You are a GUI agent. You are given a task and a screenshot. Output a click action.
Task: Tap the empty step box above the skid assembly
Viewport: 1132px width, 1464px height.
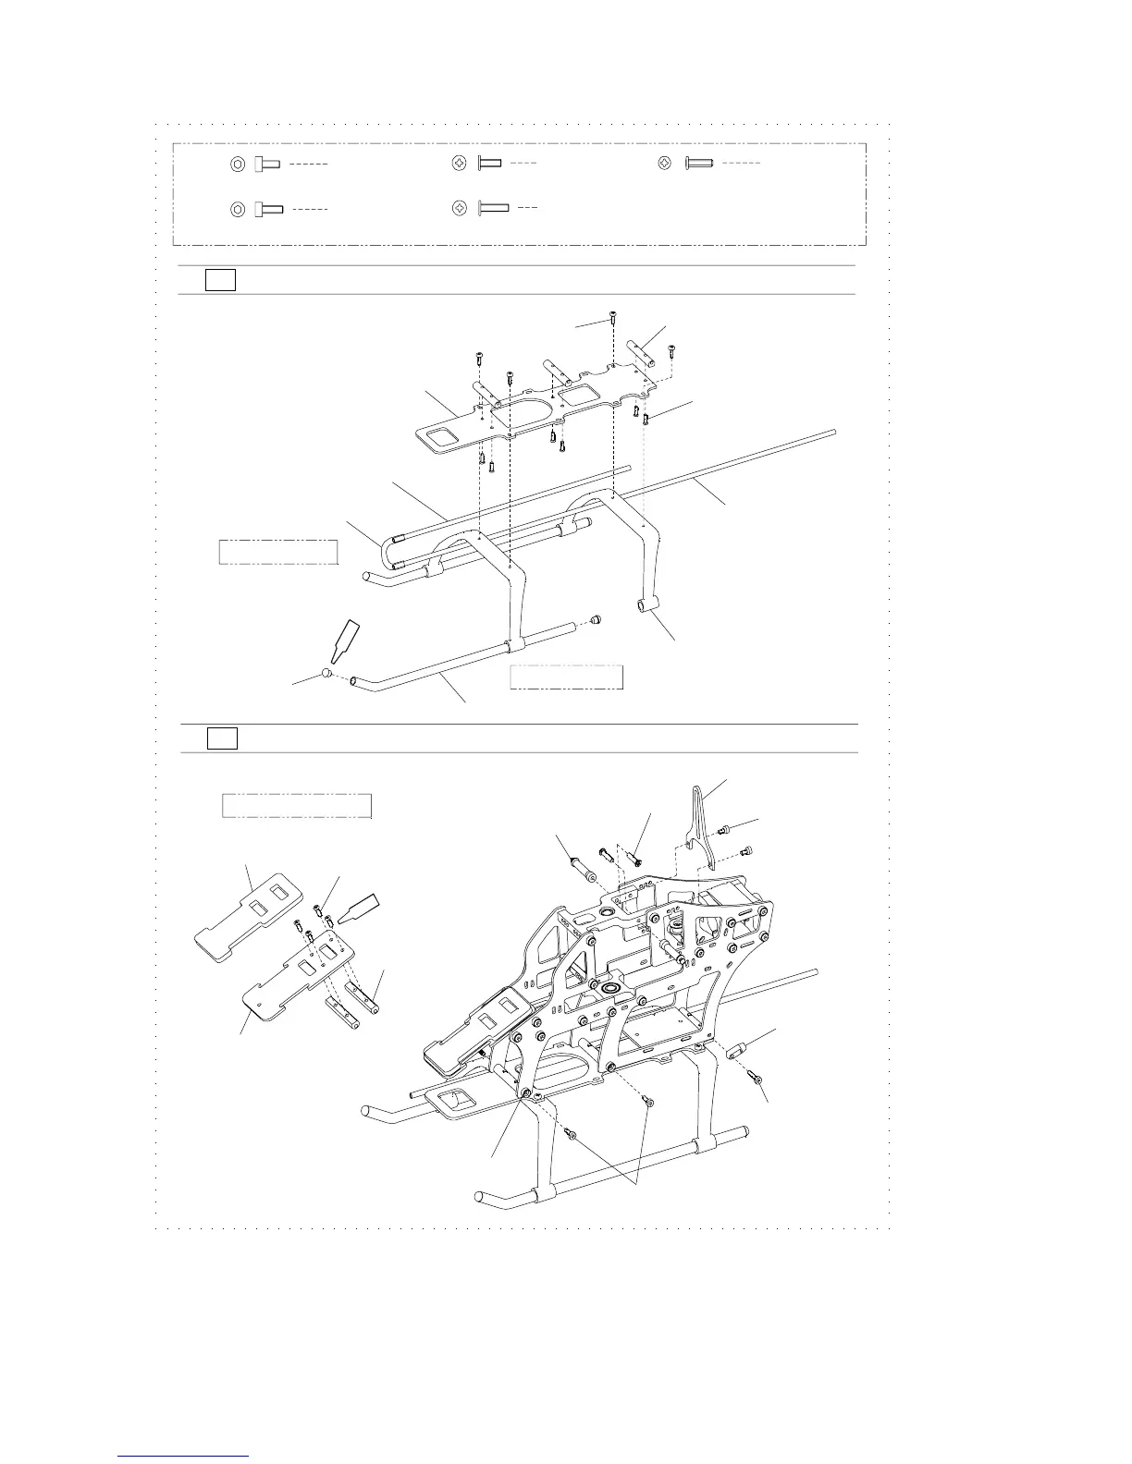(220, 279)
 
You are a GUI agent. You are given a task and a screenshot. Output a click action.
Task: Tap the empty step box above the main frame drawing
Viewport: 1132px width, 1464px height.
(221, 738)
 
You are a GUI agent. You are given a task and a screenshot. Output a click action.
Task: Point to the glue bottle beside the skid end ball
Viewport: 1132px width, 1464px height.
(348, 641)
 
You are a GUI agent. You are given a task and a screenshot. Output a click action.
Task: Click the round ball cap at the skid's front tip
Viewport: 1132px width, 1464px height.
(328, 674)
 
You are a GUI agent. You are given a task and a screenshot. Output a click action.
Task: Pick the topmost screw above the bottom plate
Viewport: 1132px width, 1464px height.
(615, 321)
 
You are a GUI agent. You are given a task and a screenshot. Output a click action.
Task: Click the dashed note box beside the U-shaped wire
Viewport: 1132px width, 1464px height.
(277, 551)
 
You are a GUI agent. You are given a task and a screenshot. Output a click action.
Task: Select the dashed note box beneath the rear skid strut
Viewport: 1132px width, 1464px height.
(566, 677)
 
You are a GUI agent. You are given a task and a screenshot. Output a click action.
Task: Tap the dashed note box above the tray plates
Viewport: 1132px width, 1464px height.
(297, 805)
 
